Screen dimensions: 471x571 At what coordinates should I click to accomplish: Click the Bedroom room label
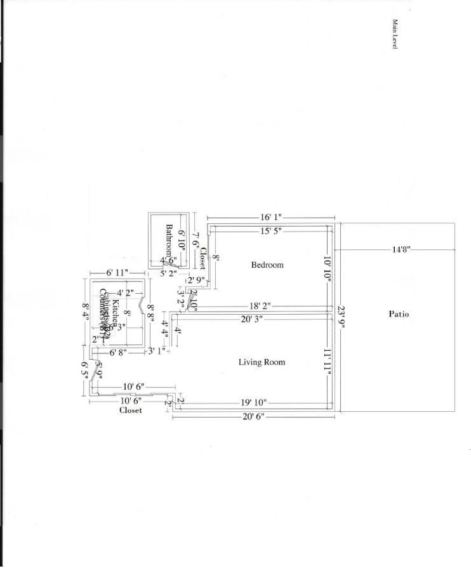click(267, 265)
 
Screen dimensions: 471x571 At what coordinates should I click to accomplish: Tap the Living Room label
click(262, 362)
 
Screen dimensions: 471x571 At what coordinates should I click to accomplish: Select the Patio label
click(399, 314)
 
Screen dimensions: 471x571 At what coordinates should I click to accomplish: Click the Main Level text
click(394, 34)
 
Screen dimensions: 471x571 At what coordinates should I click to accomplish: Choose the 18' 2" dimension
click(260, 306)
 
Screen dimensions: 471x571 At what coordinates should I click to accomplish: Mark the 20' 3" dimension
click(253, 319)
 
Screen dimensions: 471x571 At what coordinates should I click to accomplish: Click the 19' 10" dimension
click(253, 402)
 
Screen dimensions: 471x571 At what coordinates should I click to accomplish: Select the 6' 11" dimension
click(117, 273)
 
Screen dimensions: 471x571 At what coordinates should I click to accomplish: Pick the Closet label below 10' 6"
click(131, 410)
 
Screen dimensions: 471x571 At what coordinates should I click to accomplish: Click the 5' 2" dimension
click(168, 273)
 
